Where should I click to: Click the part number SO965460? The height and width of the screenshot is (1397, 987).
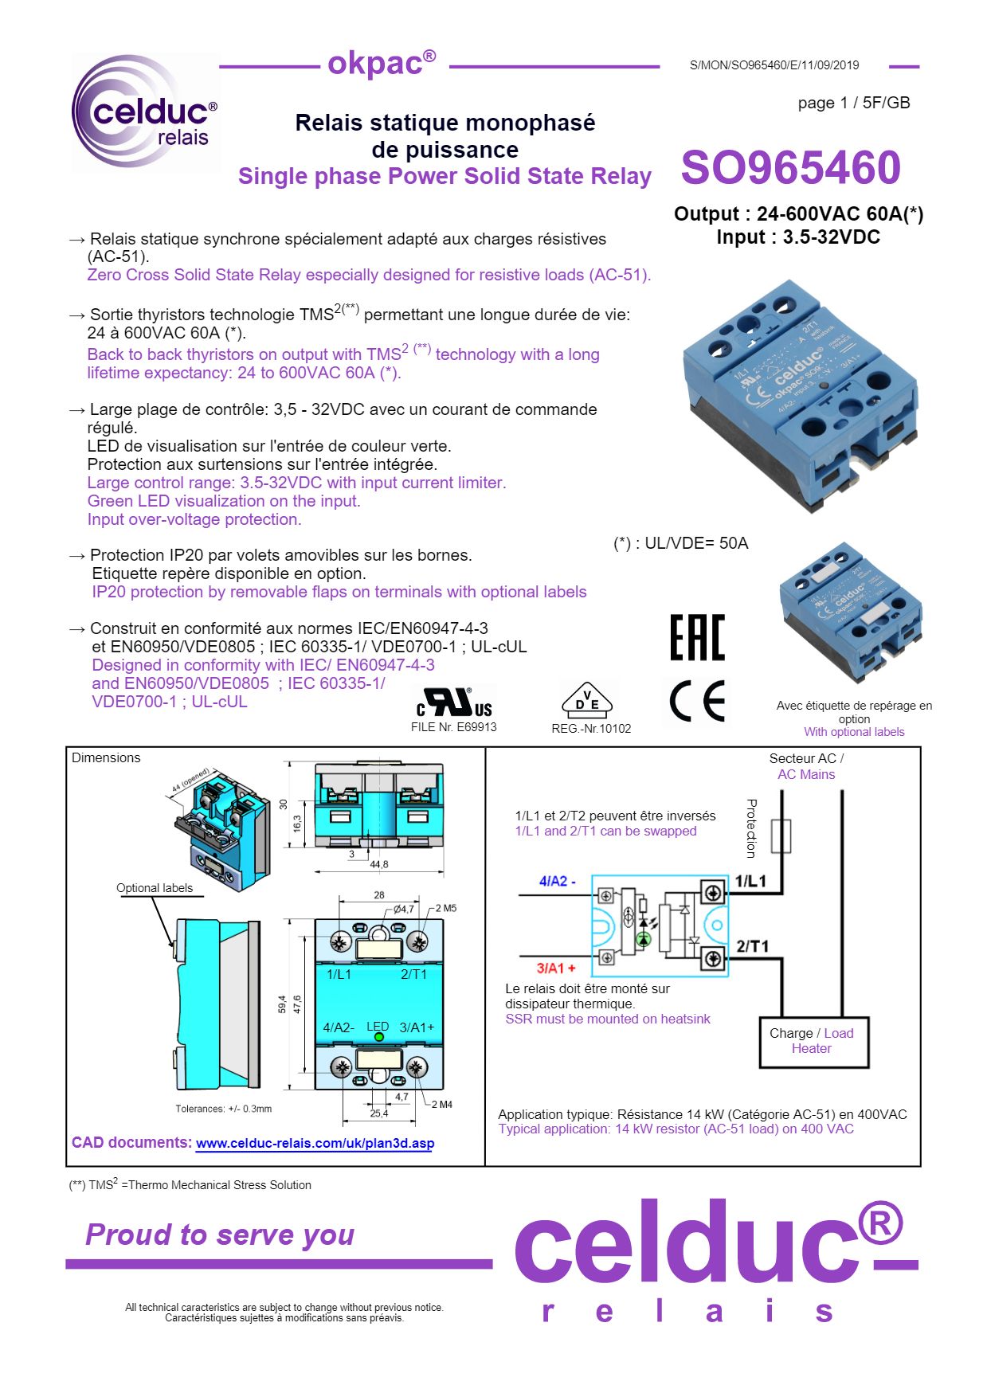(790, 167)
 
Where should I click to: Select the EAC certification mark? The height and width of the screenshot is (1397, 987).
(697, 637)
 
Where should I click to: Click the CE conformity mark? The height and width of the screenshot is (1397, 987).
(698, 702)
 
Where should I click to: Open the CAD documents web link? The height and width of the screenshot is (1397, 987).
(315, 1144)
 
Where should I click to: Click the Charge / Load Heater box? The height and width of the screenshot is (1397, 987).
(812, 1041)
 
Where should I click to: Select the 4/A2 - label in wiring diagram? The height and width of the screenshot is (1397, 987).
(557, 881)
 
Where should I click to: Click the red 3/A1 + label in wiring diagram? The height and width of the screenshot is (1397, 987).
(555, 968)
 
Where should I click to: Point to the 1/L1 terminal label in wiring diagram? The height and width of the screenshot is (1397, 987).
(750, 881)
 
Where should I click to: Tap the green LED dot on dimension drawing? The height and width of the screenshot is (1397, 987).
(379, 1037)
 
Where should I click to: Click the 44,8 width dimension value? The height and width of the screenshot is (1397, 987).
(379, 864)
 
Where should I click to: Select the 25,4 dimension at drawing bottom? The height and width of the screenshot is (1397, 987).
(379, 1113)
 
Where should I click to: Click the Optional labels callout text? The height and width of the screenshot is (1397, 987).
(155, 888)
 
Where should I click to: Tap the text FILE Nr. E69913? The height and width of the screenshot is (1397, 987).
(453, 727)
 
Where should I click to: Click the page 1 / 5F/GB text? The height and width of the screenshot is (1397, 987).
(853, 103)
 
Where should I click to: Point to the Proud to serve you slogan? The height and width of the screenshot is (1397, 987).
(220, 1235)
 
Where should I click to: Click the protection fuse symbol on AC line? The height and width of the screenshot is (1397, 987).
(781, 836)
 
